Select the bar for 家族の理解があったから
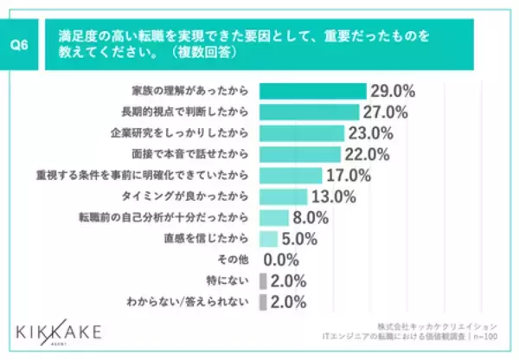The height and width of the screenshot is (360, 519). point(312,90)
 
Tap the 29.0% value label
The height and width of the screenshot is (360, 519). point(394,90)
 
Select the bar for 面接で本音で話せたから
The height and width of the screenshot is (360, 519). point(299,154)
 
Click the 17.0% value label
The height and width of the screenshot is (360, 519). point(349,176)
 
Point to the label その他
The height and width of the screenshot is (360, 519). point(239,260)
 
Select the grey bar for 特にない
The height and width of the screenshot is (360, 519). point(262,280)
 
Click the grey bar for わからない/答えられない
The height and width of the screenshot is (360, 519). point(262,301)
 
